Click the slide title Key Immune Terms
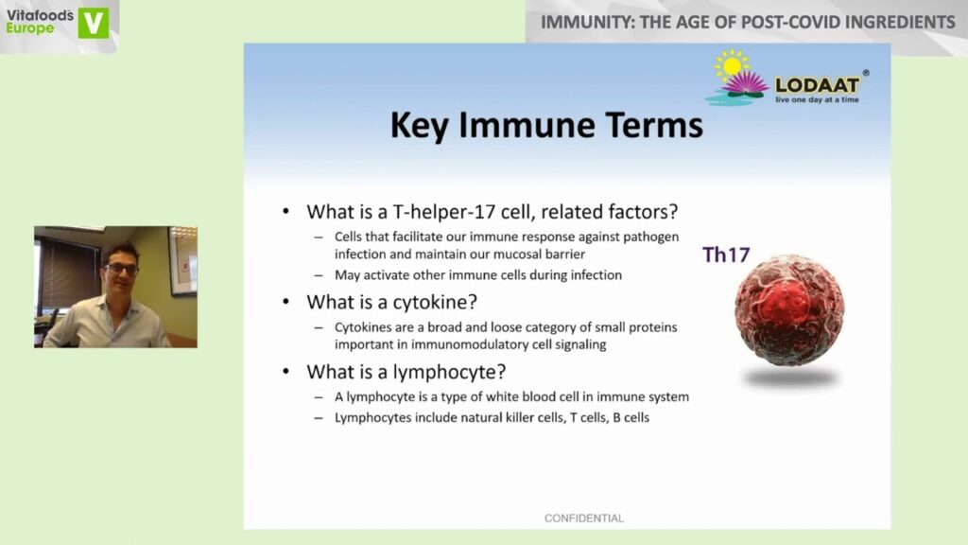coord(546,126)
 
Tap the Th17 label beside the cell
coord(726,255)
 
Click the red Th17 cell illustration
coord(789,310)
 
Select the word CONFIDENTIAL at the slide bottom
coord(584,519)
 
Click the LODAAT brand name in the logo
coord(817,85)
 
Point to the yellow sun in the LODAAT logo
coord(733,65)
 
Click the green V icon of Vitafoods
coord(94,23)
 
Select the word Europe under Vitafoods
coord(29,28)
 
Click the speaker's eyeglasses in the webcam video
coord(121,270)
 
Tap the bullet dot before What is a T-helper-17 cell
coord(285,212)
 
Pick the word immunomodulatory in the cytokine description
coord(470,344)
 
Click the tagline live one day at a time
coord(817,99)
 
